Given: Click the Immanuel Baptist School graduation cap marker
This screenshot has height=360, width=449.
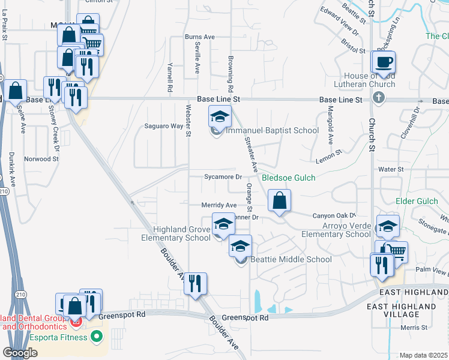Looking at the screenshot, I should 220,116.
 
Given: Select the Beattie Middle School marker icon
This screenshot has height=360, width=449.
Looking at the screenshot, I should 241,247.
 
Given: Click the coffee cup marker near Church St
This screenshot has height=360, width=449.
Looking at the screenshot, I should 384,62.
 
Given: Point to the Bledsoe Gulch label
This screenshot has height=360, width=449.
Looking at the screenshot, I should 288,178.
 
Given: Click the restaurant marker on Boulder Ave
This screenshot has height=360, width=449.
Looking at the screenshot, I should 194,284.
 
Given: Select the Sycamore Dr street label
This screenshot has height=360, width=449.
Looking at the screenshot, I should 223,177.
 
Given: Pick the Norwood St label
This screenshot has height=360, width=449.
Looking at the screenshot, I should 41,160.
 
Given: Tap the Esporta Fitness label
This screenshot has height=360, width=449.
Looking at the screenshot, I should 60,337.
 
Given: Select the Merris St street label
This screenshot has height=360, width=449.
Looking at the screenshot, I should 415,328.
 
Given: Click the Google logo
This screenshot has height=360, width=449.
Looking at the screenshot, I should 19,353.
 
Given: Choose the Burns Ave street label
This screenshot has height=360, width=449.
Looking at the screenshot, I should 200,37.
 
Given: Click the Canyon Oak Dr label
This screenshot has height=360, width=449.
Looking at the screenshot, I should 334,215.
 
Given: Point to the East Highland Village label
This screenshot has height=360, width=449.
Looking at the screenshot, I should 411,310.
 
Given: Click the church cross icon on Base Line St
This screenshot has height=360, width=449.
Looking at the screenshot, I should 378,97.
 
